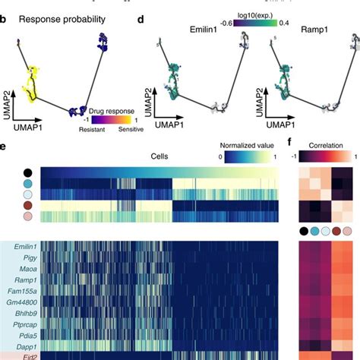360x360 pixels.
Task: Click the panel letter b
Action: [5, 17]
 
